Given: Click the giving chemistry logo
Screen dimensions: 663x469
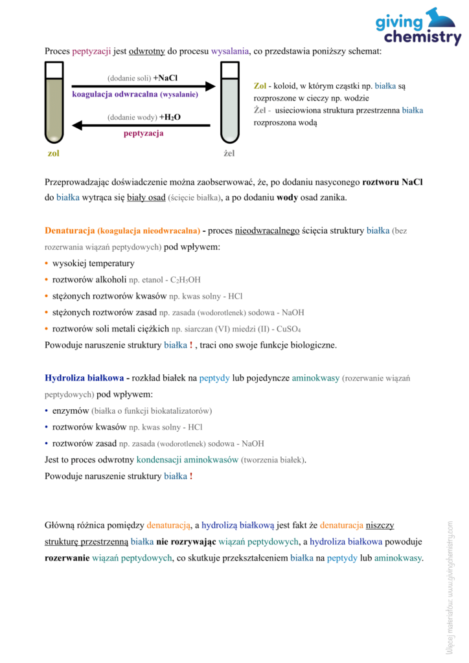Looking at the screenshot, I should pos(418,27).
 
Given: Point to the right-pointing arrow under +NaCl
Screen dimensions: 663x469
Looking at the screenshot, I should pos(143,86).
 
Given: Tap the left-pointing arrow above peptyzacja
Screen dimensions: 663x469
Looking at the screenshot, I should pos(143,125).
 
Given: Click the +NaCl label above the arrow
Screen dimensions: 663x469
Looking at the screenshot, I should pos(165,78).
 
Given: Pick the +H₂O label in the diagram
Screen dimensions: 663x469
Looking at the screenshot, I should pos(170,117).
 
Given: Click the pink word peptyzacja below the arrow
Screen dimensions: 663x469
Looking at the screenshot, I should pos(143,133).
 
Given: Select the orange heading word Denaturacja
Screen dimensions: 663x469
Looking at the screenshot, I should pos(70,230).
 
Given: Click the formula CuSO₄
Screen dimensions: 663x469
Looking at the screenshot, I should pos(288,328).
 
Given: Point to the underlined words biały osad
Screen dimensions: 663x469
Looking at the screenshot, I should pos(146,198).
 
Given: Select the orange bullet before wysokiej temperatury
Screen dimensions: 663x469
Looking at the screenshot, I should pos(47,264).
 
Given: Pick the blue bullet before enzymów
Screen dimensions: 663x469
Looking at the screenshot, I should pos(47,410).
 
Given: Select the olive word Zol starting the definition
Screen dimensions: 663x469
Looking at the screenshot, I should pos(260,85).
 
